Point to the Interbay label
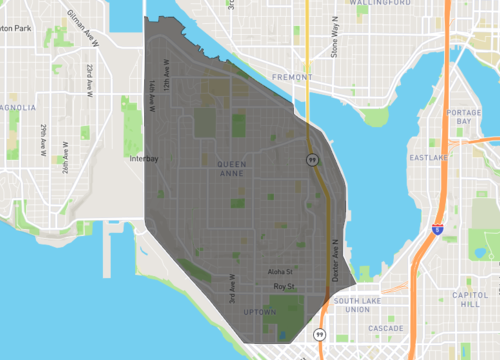[145, 158]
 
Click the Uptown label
[260, 311]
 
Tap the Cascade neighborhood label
[385, 328]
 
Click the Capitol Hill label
[469, 300]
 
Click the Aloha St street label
[281, 271]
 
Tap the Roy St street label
[284, 287]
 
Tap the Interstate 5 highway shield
[438, 229]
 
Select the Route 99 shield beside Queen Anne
[313, 160]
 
